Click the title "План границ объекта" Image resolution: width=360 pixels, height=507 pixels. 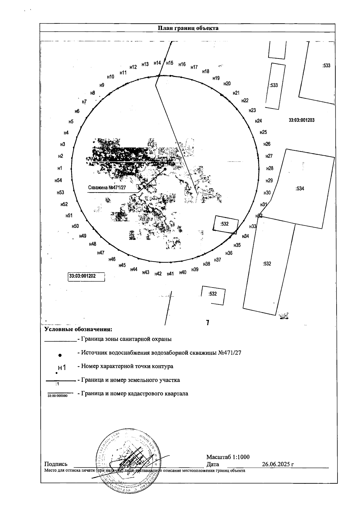(x=188, y=28)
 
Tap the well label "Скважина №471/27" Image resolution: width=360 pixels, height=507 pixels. (x=107, y=188)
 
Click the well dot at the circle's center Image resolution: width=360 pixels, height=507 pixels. (x=165, y=169)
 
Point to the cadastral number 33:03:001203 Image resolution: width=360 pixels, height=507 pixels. (x=301, y=120)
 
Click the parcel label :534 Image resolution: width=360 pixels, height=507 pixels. (x=300, y=189)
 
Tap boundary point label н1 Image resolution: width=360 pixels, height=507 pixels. (x=60, y=169)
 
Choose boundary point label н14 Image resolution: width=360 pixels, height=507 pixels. (x=157, y=63)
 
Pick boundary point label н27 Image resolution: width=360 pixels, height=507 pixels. (x=269, y=156)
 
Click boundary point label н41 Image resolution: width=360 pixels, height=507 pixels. (x=170, y=274)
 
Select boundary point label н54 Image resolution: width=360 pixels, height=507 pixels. (x=58, y=180)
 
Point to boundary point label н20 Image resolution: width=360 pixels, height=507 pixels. (x=227, y=84)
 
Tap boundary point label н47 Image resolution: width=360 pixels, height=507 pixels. (x=101, y=253)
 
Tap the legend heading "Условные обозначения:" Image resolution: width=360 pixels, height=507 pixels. (x=78, y=329)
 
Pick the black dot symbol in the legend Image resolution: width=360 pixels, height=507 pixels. (x=60, y=355)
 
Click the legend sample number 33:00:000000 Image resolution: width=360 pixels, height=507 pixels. (x=58, y=396)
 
